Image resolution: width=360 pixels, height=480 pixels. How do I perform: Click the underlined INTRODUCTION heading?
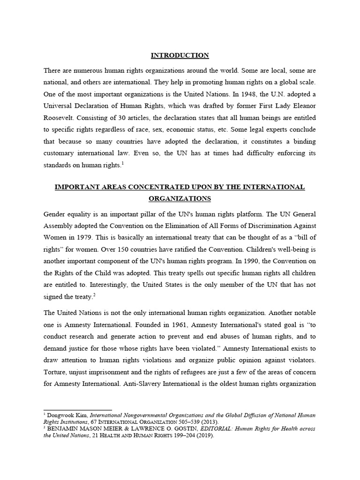(180, 55)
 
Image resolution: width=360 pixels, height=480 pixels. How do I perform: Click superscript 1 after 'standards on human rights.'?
(122, 163)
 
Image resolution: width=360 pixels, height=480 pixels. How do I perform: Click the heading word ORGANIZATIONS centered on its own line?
(180, 199)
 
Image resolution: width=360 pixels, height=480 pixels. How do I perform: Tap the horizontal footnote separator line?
(77, 409)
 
